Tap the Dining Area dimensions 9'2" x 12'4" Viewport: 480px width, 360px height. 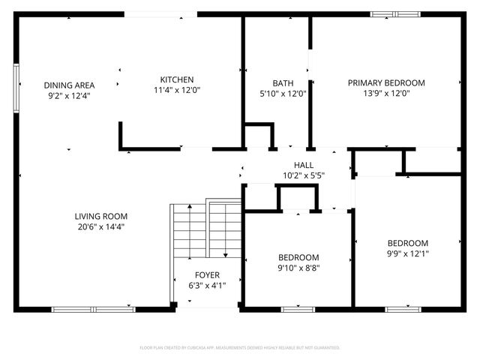pos(68,95)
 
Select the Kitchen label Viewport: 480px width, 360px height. pos(177,79)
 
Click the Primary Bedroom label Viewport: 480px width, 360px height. pos(386,83)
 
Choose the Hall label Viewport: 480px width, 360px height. pos(304,165)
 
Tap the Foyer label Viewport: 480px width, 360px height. pos(207,275)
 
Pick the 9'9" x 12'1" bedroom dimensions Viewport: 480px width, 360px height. pos(407,253)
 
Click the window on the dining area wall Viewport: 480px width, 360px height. pos(16,88)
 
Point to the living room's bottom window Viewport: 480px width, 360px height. pos(94,308)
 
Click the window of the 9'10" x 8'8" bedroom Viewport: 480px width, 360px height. pos(298,308)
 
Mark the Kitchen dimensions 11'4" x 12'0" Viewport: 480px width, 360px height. pos(177,90)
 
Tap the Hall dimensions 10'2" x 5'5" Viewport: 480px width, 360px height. pos(304,175)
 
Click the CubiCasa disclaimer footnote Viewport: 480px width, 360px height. pos(240,348)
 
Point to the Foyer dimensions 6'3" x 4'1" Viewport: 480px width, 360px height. pos(207,286)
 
